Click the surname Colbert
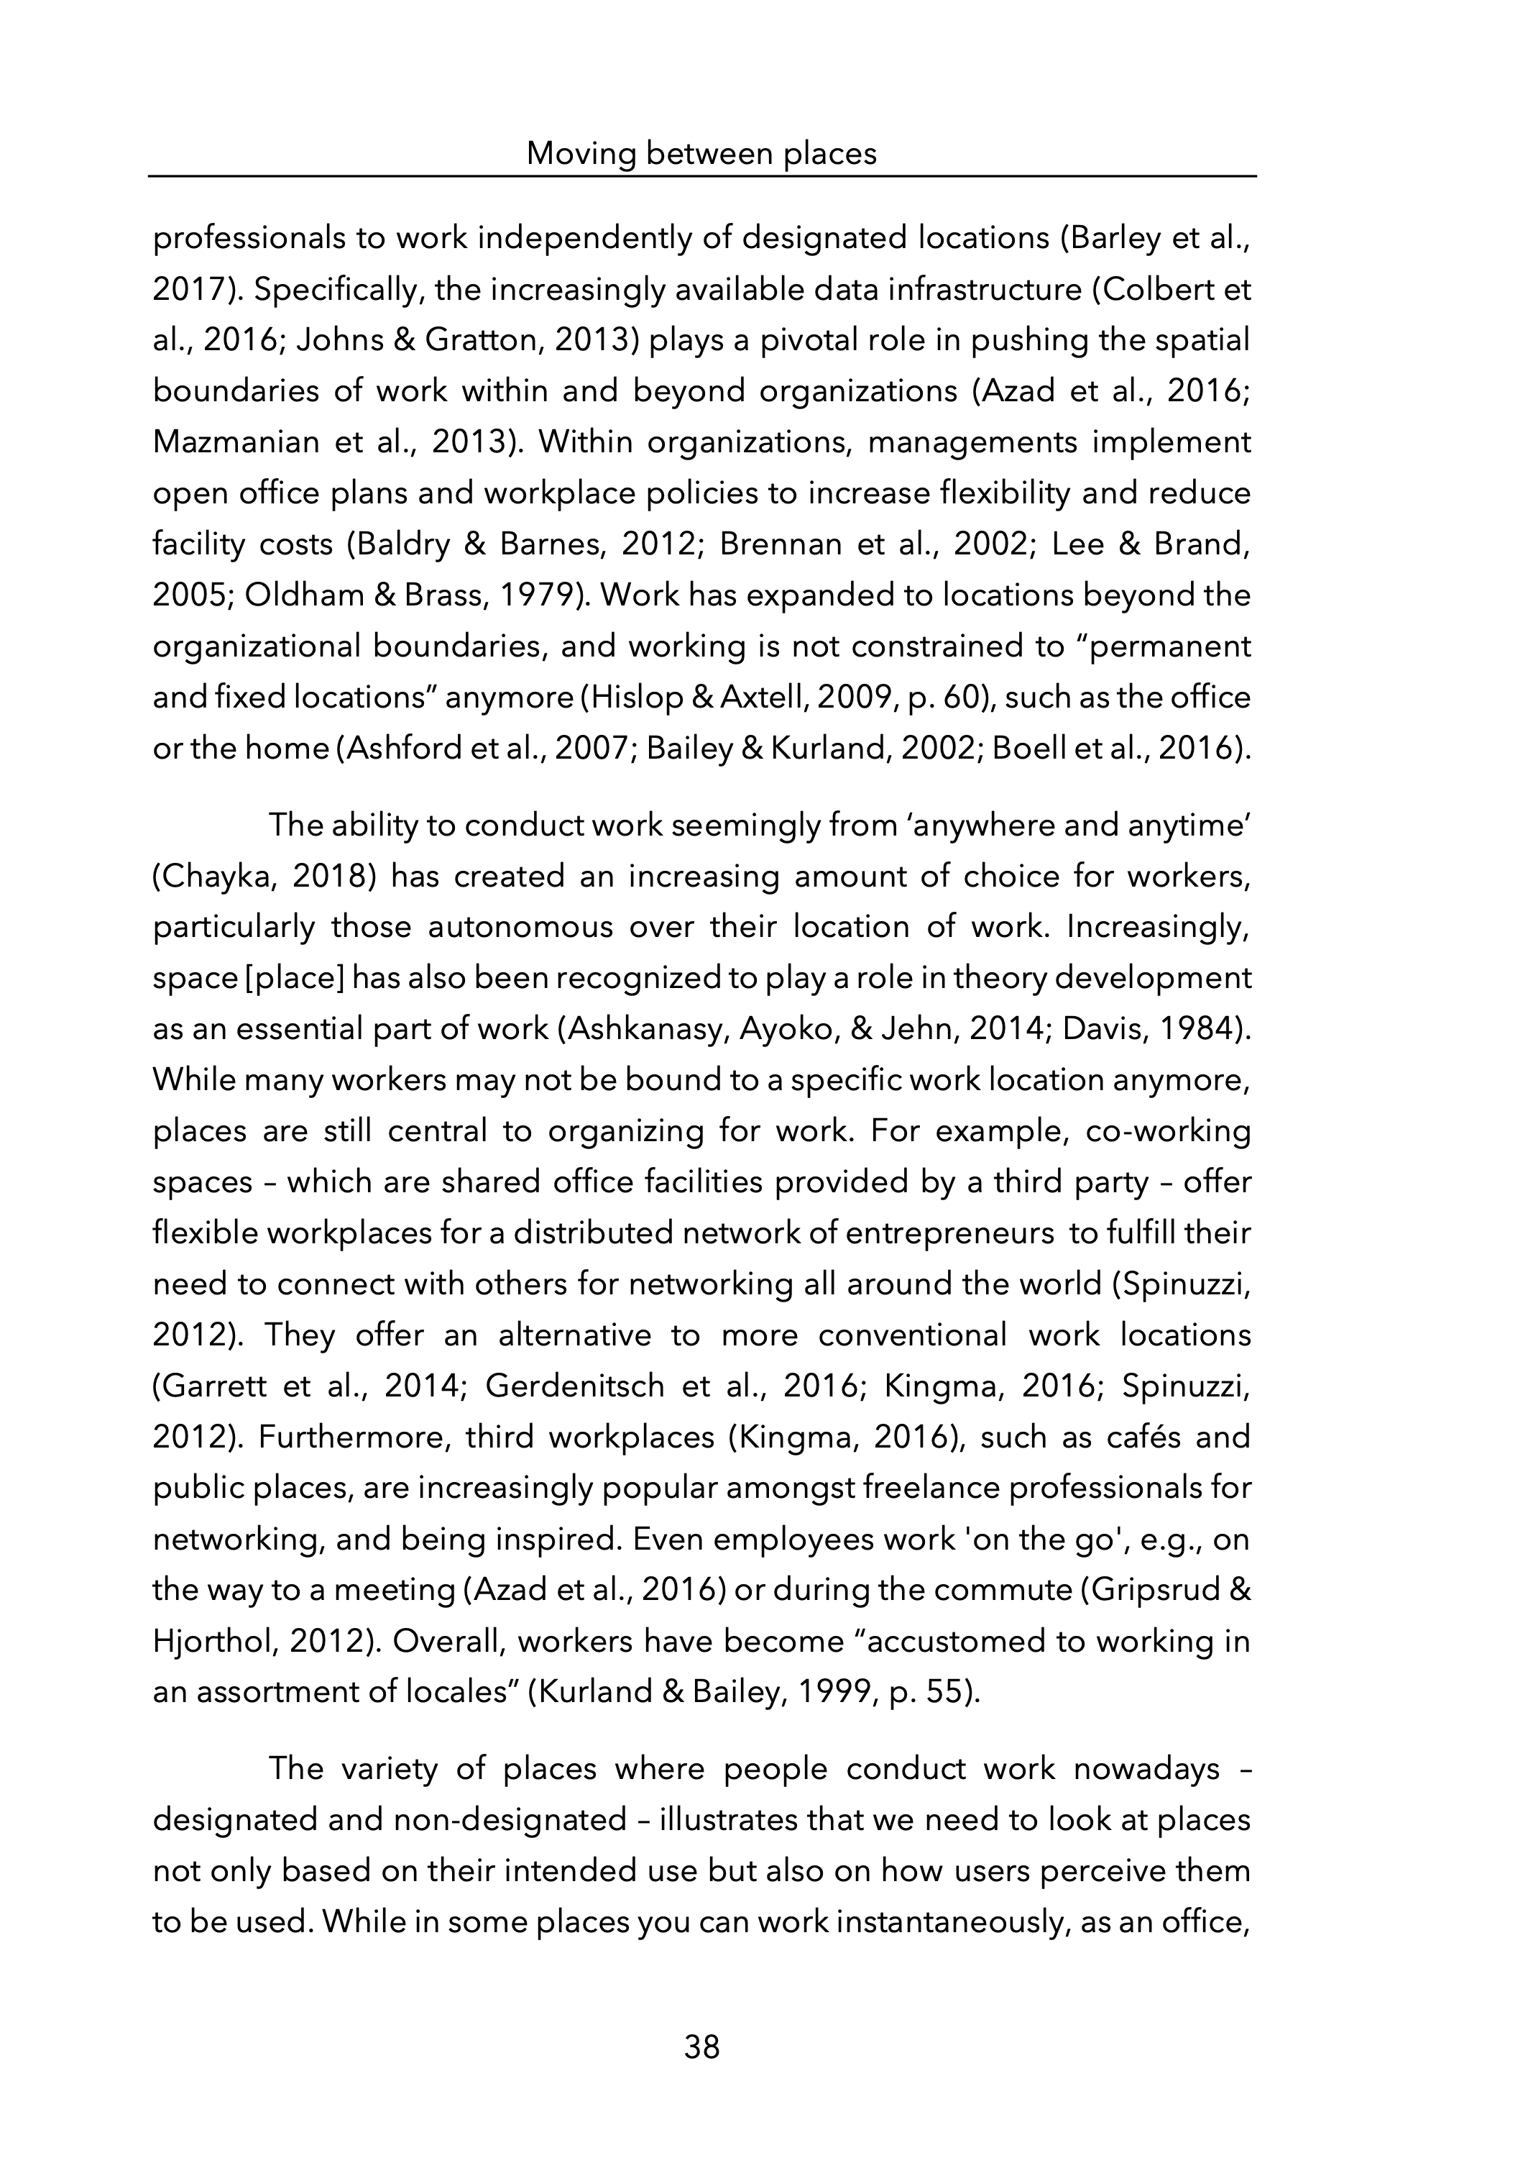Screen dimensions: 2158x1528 pos(1163,290)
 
